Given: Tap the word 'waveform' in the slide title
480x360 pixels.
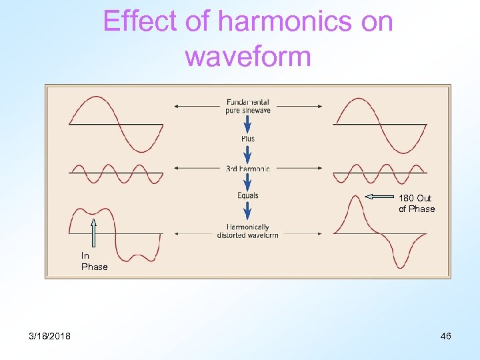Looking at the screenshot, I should click(248, 57).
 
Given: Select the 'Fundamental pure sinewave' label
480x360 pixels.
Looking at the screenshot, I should click(247, 106).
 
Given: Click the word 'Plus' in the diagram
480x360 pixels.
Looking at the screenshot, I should click(247, 139).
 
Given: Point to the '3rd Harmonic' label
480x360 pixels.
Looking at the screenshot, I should click(247, 169).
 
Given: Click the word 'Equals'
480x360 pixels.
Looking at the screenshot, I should click(247, 195).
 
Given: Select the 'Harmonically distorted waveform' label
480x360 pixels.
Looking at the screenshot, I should click(247, 231).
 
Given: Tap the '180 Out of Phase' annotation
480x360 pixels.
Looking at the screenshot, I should click(417, 203).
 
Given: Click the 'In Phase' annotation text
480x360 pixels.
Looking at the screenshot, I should click(94, 261).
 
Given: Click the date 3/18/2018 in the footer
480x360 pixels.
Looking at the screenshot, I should click(49, 336).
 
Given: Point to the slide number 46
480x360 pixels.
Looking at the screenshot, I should click(445, 336).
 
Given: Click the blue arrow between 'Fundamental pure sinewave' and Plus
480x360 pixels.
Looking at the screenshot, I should click(247, 123).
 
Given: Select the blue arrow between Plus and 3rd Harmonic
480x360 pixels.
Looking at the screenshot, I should click(247, 153).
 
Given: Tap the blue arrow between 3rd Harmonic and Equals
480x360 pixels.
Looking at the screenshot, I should click(247, 182).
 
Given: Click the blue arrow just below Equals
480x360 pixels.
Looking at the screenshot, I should click(247, 211).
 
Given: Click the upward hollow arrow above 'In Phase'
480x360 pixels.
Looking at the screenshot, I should click(94, 233).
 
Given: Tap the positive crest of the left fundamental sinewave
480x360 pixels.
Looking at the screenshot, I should click(93, 99).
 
